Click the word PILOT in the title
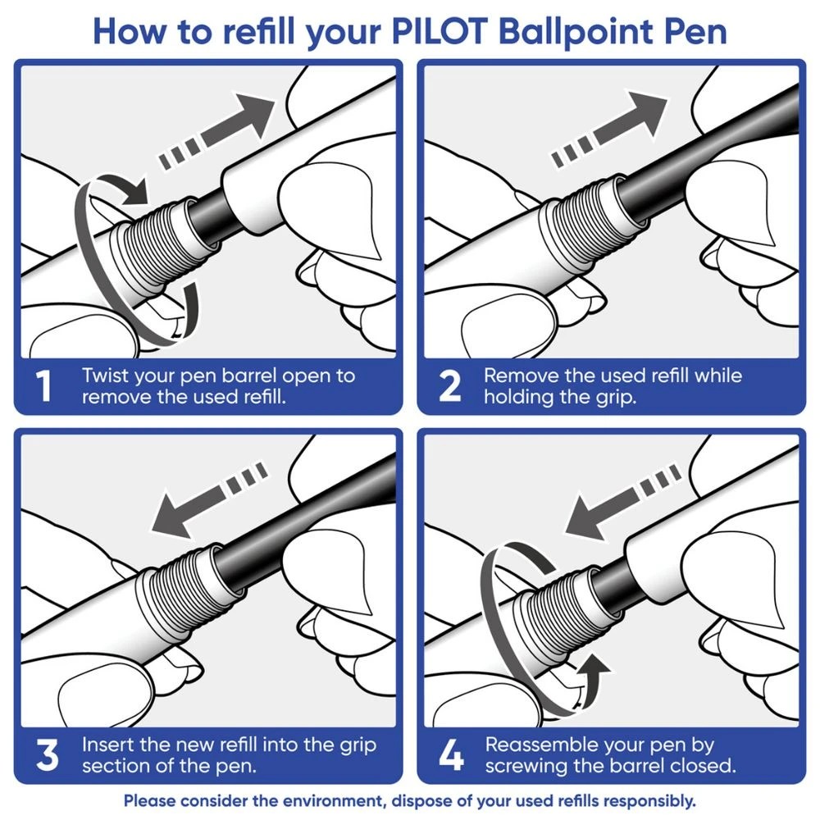(441, 30)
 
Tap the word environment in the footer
(328, 800)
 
